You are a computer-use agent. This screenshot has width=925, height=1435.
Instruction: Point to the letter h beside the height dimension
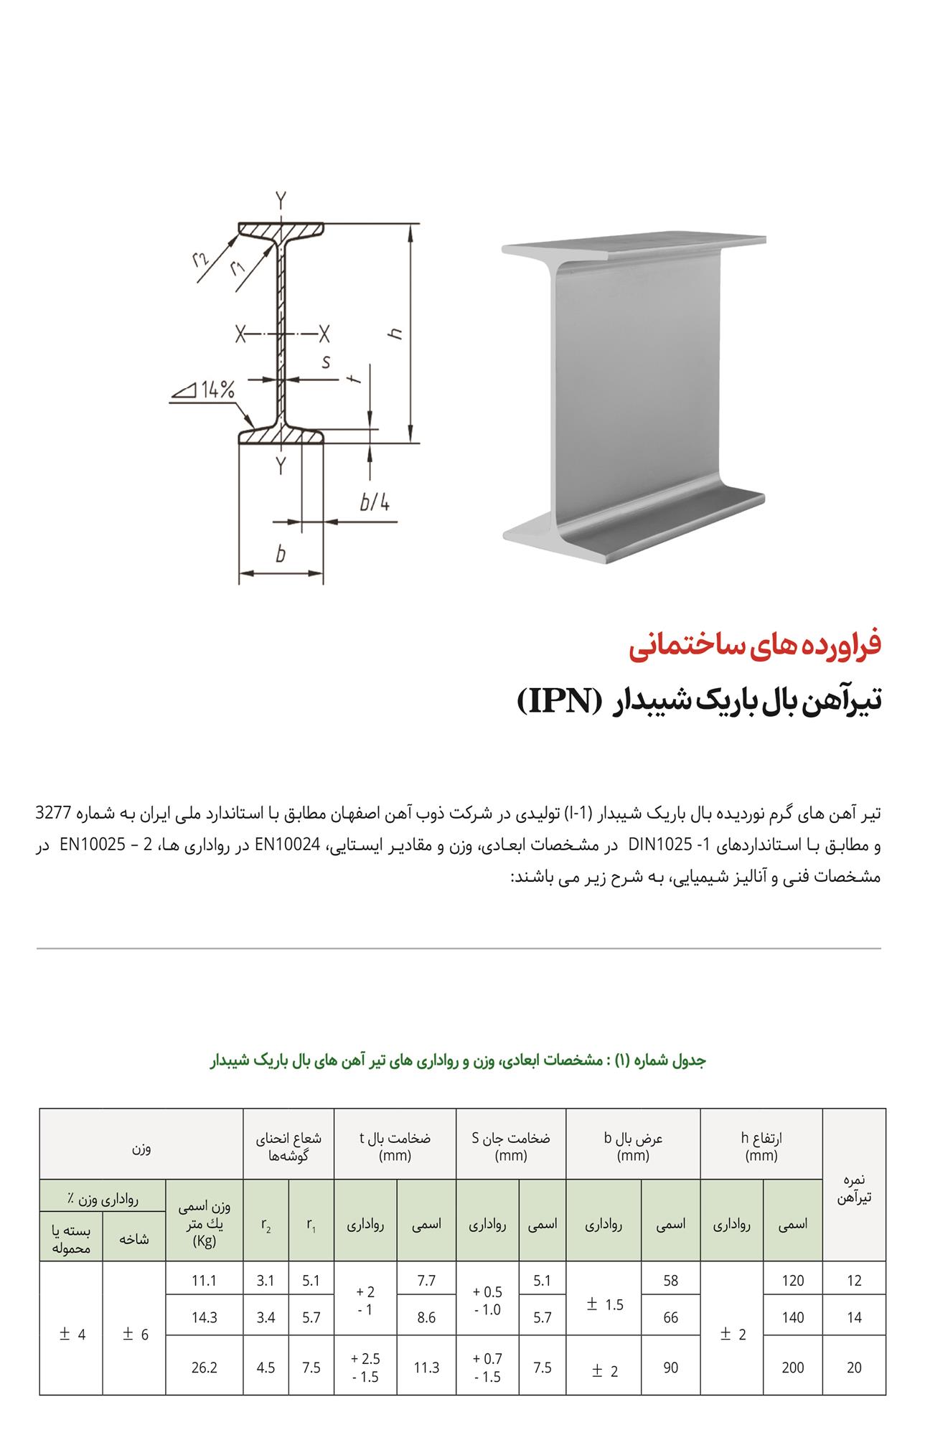[x=395, y=334]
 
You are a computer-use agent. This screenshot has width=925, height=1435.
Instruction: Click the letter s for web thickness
[x=327, y=362]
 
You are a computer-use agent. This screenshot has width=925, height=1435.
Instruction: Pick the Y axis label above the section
[x=281, y=199]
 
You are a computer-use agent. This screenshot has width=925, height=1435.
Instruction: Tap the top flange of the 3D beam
[x=631, y=246]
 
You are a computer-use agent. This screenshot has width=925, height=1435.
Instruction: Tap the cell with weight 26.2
[x=205, y=1368]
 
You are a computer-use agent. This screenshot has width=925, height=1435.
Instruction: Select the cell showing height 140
[x=792, y=1317]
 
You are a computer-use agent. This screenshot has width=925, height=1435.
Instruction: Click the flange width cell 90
[x=670, y=1368]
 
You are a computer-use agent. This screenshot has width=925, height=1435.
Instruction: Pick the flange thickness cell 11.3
[x=426, y=1368]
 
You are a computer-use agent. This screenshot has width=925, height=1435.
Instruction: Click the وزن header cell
[x=141, y=1148]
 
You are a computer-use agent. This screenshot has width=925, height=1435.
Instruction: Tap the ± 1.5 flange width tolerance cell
[x=604, y=1304]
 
